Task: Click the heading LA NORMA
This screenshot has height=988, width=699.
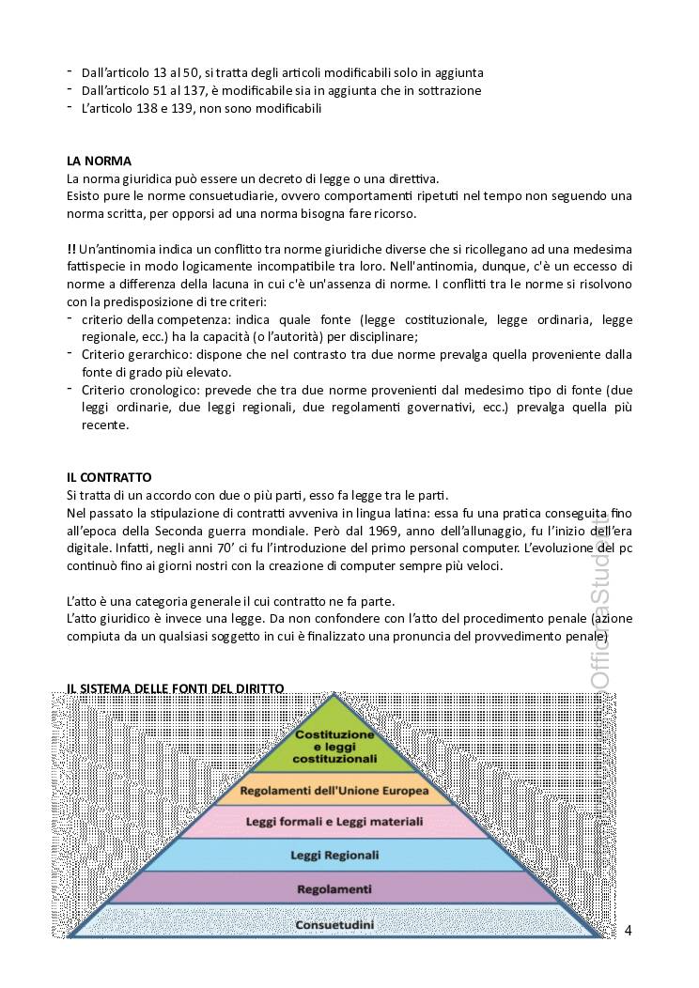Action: [x=99, y=161]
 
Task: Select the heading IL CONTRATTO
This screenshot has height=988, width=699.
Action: [x=109, y=477]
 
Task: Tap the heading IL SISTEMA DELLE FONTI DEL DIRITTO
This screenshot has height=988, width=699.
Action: [x=175, y=688]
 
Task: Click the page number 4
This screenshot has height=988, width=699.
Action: [x=628, y=930]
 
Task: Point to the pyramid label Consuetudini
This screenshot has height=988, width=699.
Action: [x=334, y=925]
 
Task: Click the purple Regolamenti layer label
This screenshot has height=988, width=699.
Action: [x=334, y=888]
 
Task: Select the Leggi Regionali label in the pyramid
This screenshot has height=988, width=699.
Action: [x=334, y=855]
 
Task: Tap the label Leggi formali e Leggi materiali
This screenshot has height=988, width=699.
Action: [x=334, y=821]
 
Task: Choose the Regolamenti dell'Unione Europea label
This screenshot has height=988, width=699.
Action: [x=334, y=791]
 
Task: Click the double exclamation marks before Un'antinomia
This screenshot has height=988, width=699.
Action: [x=71, y=249]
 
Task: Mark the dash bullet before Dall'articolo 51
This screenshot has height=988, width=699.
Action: [x=70, y=89]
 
